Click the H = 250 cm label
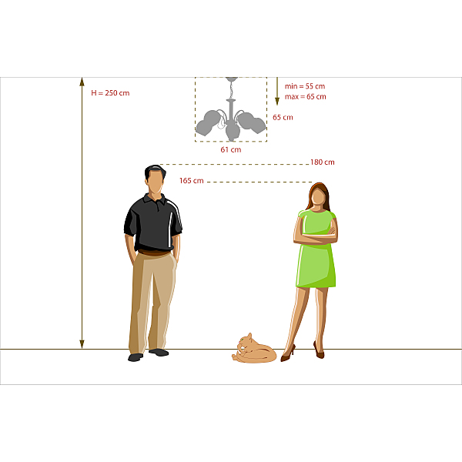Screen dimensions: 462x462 pos(110,93)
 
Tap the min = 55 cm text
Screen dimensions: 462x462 pos(305,86)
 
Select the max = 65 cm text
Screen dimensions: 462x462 pos(305,97)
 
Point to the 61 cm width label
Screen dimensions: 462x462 pos(231,149)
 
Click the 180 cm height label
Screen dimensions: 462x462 pos(323,162)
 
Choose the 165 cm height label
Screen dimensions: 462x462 pos(192,181)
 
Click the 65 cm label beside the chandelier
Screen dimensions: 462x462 pos(283,117)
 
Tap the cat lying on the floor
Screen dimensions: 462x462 pos(254,349)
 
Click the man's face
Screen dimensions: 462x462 pos(156,182)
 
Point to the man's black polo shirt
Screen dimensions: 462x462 pos(153,223)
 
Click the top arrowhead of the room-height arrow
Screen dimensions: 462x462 pos(82,82)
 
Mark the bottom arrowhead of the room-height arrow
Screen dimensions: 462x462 pos(82,344)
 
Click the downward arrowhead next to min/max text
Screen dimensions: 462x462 pos(277,102)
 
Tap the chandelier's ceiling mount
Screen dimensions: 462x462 pos(232,79)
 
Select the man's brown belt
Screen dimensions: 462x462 pos(154,253)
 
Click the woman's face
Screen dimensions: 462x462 pos(318,196)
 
